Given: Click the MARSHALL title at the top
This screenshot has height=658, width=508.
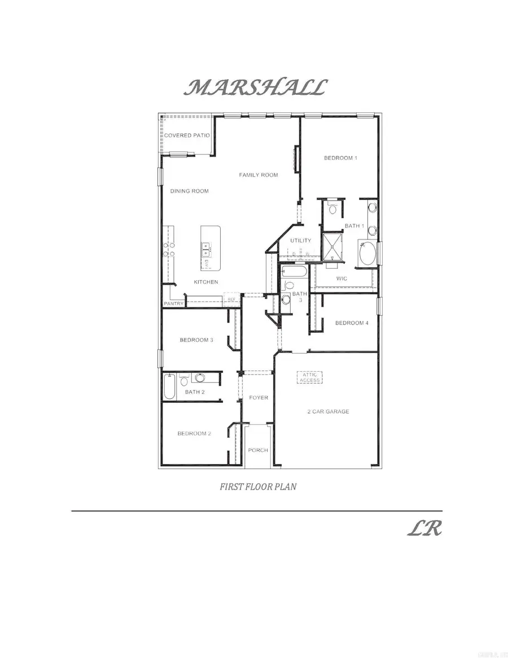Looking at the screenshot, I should (257, 88).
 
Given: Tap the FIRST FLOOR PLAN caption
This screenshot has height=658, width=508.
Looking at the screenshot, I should (258, 486).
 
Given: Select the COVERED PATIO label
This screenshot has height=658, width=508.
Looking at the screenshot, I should (187, 136).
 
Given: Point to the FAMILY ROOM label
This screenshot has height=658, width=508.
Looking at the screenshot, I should (259, 175).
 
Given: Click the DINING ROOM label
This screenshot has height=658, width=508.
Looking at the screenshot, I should (190, 191).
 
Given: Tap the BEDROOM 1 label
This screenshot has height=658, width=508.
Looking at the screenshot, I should (340, 158).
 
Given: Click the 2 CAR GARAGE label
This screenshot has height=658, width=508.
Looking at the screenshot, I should (328, 412).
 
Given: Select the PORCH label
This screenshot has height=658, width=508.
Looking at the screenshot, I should (258, 450).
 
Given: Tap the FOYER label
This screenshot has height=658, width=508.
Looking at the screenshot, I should (259, 398).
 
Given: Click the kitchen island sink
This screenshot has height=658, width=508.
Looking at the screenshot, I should (207, 247).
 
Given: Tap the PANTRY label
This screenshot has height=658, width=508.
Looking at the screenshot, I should (173, 304).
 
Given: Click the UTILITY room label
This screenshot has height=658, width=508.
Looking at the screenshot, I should (301, 241).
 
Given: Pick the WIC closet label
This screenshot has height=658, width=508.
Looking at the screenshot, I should (341, 278).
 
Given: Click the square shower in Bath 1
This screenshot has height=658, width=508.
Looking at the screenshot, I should (332, 247).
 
